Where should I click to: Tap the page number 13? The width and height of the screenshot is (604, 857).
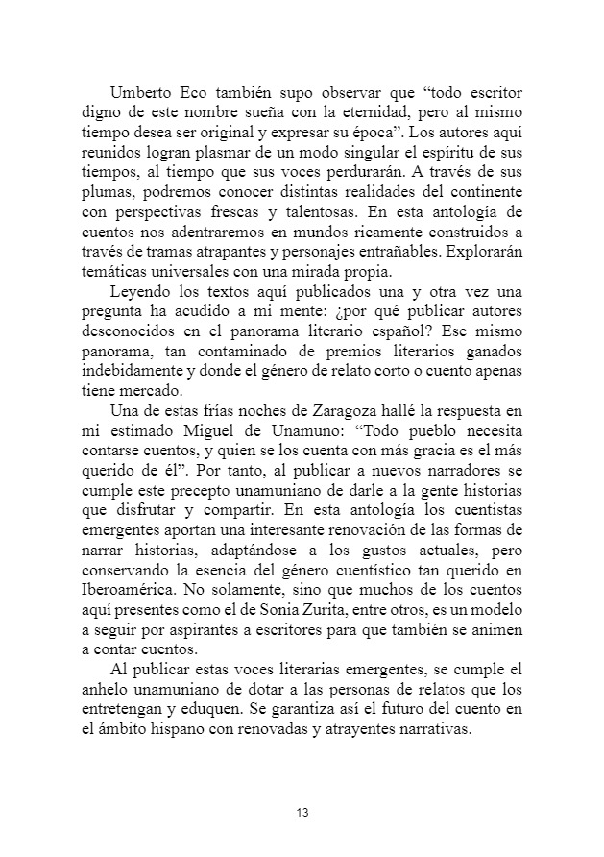click(x=302, y=814)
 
